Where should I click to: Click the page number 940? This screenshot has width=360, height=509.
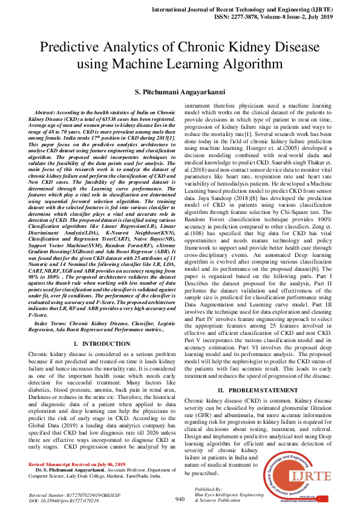pyautogui.click(x=180, y=499)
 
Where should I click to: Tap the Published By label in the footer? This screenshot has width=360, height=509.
pyautogui.click(x=208, y=488)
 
